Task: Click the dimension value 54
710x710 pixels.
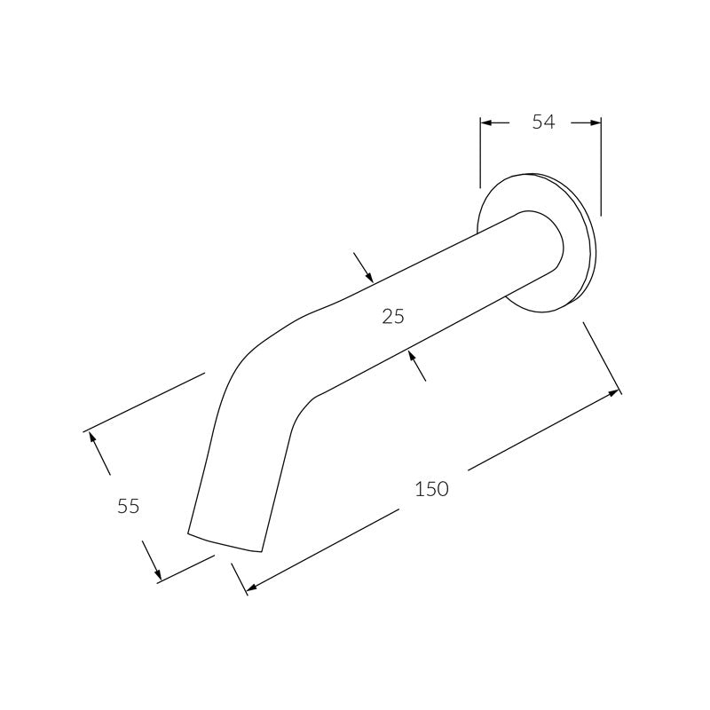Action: click(543, 122)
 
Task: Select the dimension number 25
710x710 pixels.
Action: click(393, 316)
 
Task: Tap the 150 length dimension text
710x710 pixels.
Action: click(431, 489)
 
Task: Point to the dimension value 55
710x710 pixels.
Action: click(128, 506)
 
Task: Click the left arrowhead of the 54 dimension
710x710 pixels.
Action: click(485, 122)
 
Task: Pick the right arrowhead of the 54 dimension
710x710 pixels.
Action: click(596, 122)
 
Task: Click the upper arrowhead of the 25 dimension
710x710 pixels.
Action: click(369, 277)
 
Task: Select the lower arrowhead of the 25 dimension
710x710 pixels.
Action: click(411, 357)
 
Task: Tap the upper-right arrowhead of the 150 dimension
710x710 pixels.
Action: click(614, 392)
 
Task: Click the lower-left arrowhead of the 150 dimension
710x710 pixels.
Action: click(252, 588)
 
